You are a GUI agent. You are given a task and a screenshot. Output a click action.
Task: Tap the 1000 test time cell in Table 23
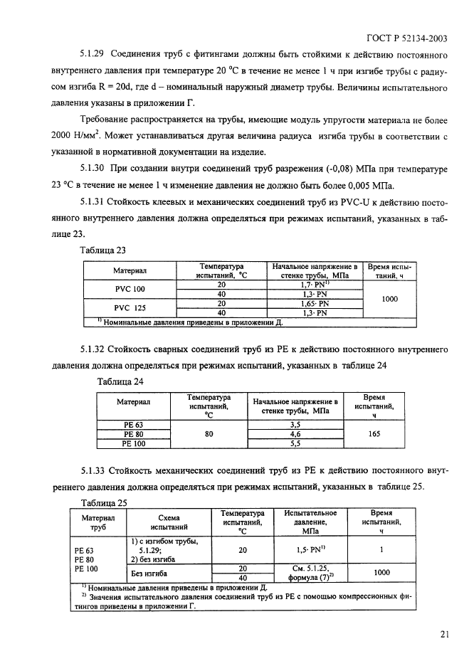[x=389, y=299]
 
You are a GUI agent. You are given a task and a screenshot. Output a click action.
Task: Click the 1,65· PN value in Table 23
[x=313, y=303]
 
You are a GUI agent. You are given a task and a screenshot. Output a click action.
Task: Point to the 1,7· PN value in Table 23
[x=313, y=284]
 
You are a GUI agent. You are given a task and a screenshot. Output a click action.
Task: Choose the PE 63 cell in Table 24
[x=133, y=425]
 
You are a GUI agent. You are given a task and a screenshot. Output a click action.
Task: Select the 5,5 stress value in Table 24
[x=296, y=443]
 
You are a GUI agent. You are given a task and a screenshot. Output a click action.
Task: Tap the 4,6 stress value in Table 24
[x=296, y=433]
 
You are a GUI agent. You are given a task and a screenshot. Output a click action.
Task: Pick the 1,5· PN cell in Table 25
[x=310, y=550]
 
